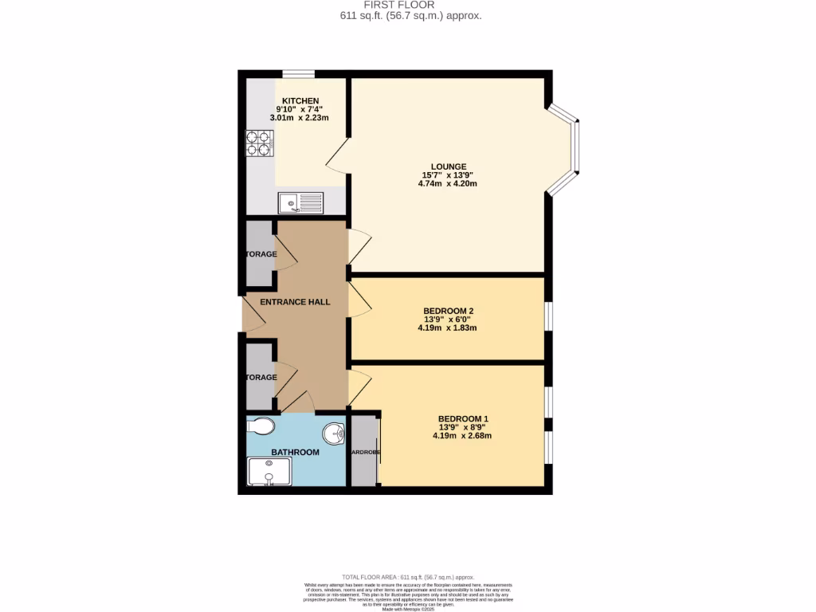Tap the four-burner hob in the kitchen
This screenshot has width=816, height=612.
[259, 142]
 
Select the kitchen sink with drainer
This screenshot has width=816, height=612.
[300, 202]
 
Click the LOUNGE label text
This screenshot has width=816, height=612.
[449, 167]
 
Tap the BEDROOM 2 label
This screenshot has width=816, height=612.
[448, 311]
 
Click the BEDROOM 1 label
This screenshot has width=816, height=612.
[463, 419]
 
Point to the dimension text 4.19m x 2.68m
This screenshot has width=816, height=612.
[462, 436]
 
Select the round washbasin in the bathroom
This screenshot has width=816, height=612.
[334, 434]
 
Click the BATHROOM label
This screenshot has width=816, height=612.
[295, 453]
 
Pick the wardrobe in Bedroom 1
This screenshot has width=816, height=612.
[364, 451]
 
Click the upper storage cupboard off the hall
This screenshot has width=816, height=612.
[260, 253]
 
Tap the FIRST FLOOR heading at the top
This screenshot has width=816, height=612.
[407, 5]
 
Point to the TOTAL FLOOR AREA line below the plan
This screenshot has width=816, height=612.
[408, 577]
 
